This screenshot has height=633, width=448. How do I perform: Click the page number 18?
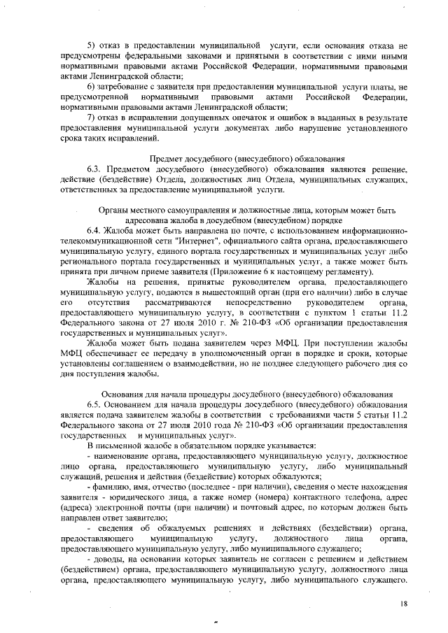[x=404, y=603]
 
